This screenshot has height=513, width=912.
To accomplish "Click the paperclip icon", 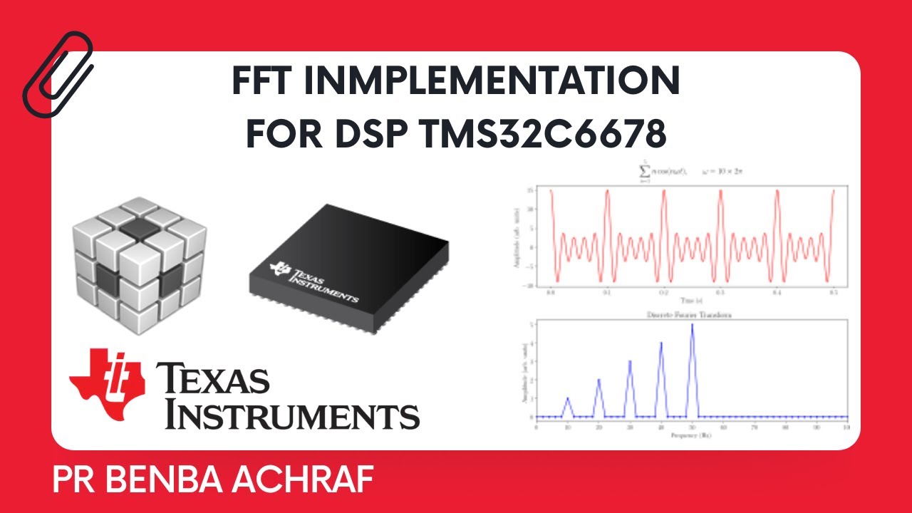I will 58,75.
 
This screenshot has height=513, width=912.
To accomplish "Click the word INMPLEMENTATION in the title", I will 492,83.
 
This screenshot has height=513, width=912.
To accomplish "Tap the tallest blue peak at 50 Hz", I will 692,326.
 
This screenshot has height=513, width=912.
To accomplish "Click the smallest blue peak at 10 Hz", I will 567,399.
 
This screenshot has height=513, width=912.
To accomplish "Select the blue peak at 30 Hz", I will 630,362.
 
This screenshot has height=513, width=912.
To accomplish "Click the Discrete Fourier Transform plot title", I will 692,314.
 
